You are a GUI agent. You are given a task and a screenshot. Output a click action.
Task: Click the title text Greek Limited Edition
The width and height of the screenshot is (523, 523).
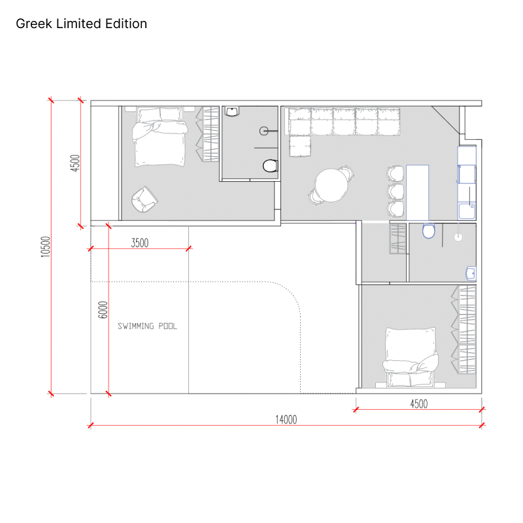[x=81, y=24]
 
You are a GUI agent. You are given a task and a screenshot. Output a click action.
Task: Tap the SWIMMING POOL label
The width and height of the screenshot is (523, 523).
[x=148, y=326]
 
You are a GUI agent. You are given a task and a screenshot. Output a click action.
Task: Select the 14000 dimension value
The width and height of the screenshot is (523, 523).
[x=286, y=420]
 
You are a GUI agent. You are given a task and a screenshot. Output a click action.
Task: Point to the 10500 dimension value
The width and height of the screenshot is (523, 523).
[x=45, y=247]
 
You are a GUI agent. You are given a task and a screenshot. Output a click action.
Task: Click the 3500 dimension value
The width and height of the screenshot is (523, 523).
[x=140, y=243]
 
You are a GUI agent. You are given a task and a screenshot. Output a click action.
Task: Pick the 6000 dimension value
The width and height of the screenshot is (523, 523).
[x=103, y=310]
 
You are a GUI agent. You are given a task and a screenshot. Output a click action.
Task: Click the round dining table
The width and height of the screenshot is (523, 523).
[x=331, y=186]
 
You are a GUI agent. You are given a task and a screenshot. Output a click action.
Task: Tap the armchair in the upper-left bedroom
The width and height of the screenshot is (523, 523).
[x=144, y=199]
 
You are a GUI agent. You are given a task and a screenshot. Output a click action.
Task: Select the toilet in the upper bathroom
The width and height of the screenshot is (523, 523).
[x=270, y=166]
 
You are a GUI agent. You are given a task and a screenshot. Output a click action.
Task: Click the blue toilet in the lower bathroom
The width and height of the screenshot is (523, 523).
[x=429, y=231]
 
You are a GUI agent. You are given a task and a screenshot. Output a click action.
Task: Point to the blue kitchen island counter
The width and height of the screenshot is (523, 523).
[x=417, y=192]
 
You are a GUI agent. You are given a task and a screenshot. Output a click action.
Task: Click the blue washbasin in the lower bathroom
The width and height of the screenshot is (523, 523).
[x=471, y=273]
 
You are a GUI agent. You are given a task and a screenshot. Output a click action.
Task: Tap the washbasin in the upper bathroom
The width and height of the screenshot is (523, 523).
[x=232, y=111]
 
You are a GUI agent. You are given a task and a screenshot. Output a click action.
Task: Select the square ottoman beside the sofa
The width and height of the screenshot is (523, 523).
[x=300, y=146]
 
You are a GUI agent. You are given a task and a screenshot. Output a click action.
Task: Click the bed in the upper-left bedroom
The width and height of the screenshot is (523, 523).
[x=160, y=137]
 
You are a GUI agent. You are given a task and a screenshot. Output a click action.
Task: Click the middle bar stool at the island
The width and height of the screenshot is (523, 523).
[x=396, y=192]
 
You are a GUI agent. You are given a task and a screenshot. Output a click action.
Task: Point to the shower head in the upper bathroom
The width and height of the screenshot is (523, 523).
[x=264, y=131]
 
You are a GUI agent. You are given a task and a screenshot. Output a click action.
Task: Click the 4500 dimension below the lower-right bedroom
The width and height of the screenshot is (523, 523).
[x=418, y=404]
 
